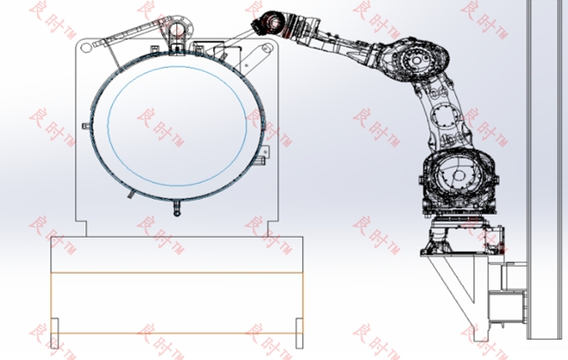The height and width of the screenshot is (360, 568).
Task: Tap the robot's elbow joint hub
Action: [417, 59]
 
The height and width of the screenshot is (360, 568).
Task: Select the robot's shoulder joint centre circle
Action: [459, 176]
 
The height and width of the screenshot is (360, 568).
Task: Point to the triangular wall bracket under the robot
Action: [455, 286]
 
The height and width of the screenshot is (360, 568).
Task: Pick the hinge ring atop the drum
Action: [178, 29]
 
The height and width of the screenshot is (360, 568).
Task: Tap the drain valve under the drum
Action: [177, 209]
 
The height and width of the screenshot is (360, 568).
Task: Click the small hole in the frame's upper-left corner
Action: [85, 48]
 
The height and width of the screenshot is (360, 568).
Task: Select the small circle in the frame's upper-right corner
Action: [266, 48]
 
